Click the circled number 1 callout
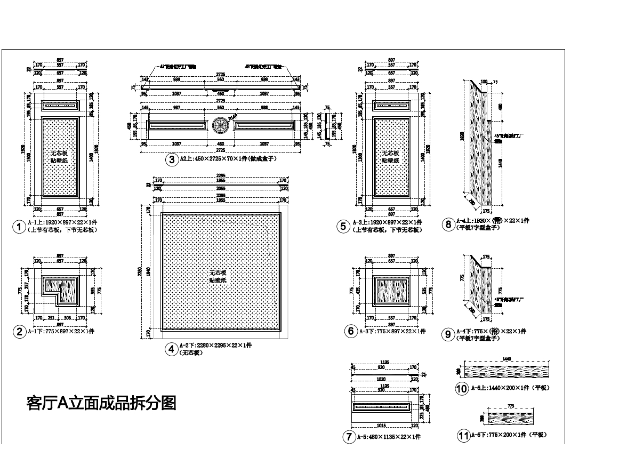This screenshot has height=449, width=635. (x=19, y=227)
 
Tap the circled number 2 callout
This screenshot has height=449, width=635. (x=19, y=332)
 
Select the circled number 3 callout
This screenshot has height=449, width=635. (x=171, y=159)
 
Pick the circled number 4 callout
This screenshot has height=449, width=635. (x=171, y=349)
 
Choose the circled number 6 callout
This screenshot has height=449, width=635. (x=351, y=331)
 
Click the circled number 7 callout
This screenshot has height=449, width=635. (x=349, y=437)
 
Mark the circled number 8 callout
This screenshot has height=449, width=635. (x=448, y=224)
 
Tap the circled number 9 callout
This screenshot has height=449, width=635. (x=448, y=334)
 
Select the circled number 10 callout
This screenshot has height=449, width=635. (x=462, y=389)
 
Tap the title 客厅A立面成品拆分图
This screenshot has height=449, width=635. (x=101, y=403)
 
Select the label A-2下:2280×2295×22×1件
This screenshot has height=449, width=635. (x=215, y=346)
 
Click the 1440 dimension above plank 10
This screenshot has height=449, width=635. (x=507, y=359)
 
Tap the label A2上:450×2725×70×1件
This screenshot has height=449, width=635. (x=228, y=159)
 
